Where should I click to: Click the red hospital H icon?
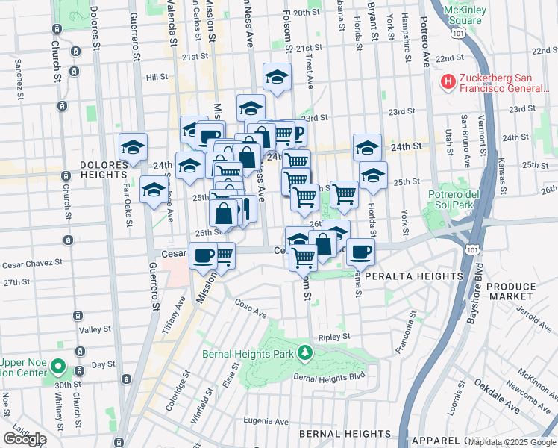pyautogui.click(x=448, y=81)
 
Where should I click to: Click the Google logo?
pyautogui.click(x=25, y=438)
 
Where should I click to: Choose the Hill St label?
pyautogui.click(x=157, y=77)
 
